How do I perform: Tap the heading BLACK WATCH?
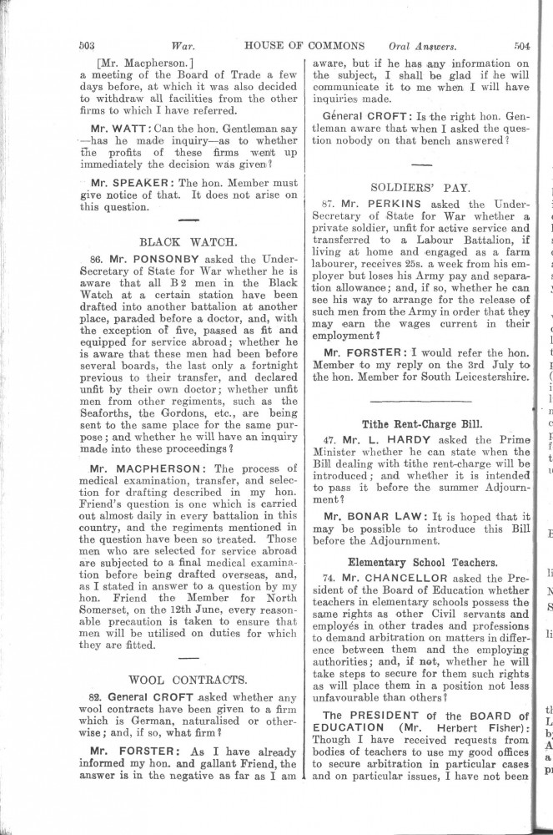click(x=189, y=243)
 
